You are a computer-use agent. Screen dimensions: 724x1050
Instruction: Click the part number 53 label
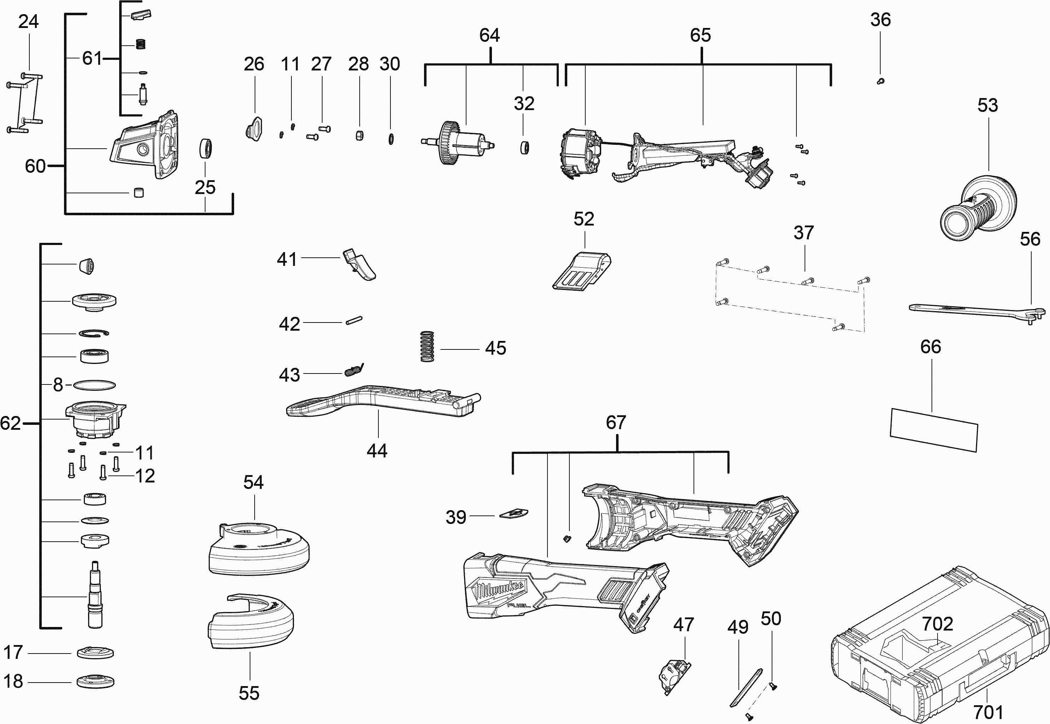click(x=987, y=105)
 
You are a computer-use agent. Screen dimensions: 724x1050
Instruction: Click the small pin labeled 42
click(x=353, y=320)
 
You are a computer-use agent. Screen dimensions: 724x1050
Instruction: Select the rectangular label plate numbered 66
click(x=934, y=429)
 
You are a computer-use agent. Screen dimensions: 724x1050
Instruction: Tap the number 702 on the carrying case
click(x=937, y=624)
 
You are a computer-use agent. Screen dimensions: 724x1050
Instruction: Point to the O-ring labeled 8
click(x=94, y=385)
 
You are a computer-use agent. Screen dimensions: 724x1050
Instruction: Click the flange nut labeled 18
click(x=95, y=682)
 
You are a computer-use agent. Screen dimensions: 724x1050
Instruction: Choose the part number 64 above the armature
click(x=489, y=35)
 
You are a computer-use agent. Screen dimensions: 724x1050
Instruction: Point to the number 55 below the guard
click(x=249, y=693)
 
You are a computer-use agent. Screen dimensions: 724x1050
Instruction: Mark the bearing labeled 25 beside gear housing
click(x=206, y=148)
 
